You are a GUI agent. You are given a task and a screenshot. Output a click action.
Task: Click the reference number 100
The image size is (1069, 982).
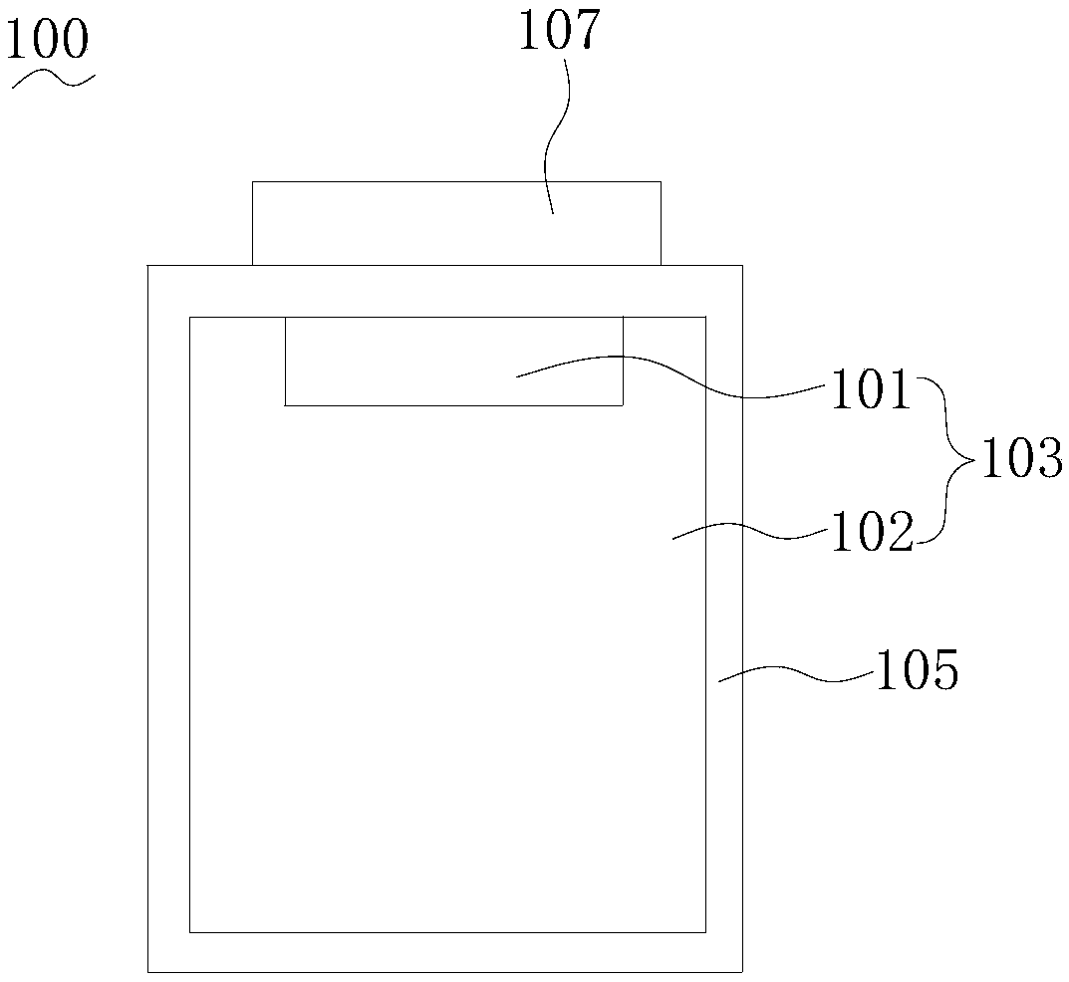[x=49, y=42]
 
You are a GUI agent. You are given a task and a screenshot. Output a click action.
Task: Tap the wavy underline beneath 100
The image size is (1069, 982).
[x=53, y=81]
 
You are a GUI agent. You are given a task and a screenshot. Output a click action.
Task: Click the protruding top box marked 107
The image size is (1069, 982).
[x=455, y=223]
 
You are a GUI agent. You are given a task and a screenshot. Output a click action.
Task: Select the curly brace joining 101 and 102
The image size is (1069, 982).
[x=948, y=460]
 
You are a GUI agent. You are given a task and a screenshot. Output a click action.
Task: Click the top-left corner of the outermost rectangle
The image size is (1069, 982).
[x=148, y=266]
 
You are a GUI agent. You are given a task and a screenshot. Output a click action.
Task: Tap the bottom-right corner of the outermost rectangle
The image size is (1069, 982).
[x=742, y=971]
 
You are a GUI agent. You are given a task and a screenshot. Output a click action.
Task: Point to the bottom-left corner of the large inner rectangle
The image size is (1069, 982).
[x=190, y=932]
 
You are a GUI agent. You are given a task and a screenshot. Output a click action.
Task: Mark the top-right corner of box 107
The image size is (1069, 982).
[x=661, y=182]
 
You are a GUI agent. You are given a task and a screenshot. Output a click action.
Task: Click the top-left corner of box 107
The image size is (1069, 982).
[x=253, y=182]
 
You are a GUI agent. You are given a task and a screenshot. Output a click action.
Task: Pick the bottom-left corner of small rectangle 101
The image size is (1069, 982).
[x=286, y=405]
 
